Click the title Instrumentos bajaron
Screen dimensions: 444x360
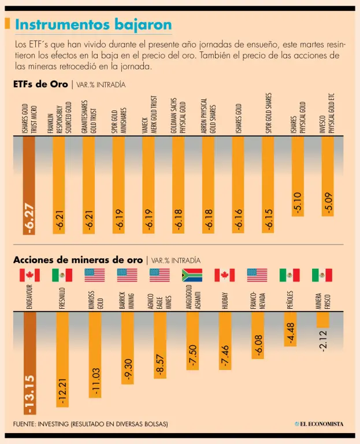pos(93,25)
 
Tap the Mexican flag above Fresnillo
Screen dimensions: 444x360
pos(62,275)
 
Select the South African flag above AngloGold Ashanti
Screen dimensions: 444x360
pos(192,275)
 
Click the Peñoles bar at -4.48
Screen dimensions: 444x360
pos(291,329)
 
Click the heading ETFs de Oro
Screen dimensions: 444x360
pos(40,84)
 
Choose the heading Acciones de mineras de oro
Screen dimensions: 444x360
pos(78,260)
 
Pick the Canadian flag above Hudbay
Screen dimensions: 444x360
pos(224,275)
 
